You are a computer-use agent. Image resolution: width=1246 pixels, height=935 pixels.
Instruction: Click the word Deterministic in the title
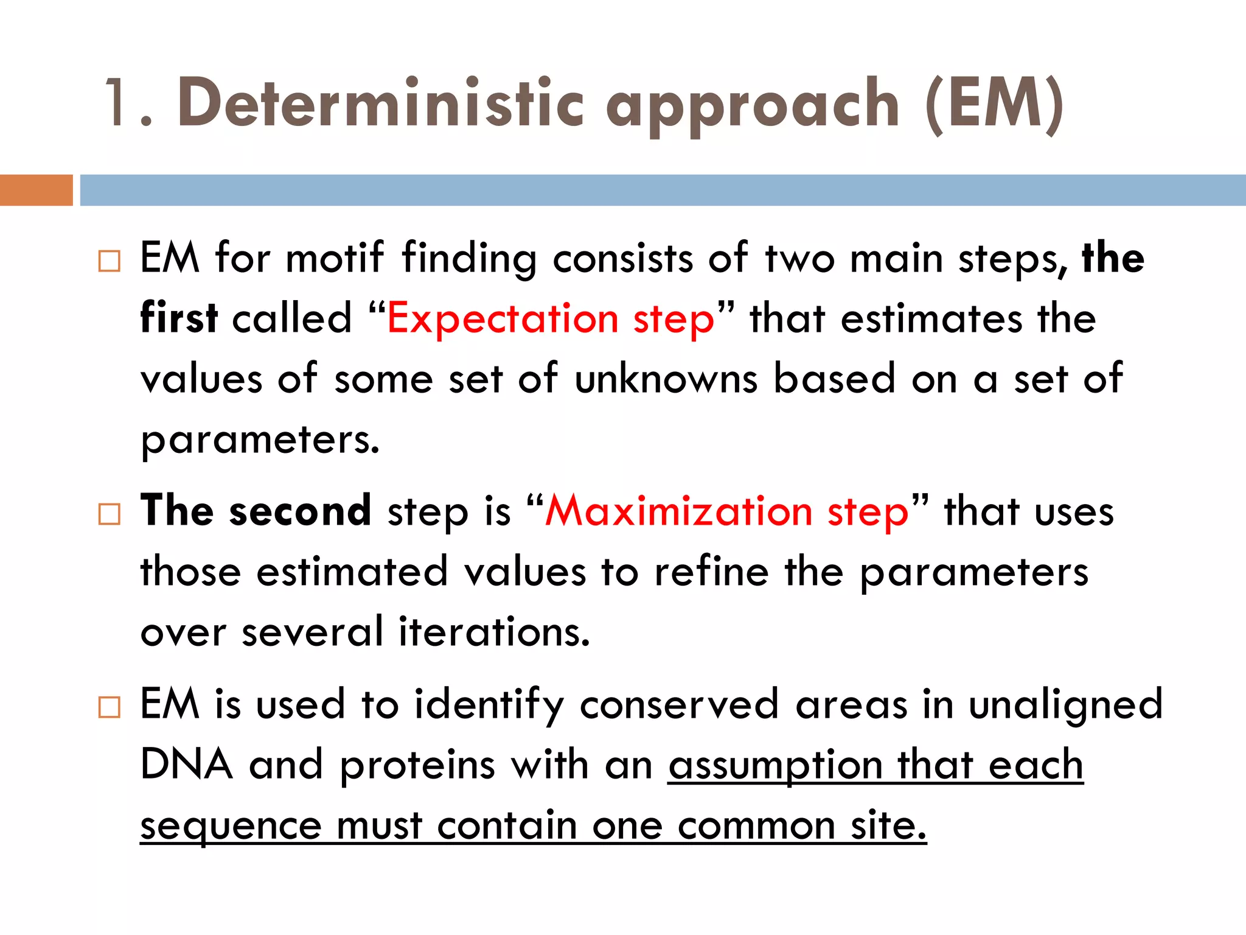click(x=381, y=103)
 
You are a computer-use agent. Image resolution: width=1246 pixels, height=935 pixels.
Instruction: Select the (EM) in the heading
click(x=994, y=105)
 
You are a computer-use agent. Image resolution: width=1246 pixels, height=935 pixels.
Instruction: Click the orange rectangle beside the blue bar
click(x=36, y=190)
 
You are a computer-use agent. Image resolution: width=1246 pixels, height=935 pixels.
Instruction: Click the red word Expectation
click(x=503, y=319)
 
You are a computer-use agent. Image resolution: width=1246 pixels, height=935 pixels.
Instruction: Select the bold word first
click(x=179, y=318)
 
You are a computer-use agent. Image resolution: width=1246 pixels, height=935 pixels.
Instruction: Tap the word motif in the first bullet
click(x=335, y=257)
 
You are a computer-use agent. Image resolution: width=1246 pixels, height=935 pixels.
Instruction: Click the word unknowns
click(x=666, y=379)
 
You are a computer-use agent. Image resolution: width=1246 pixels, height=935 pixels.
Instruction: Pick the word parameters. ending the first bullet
click(x=260, y=440)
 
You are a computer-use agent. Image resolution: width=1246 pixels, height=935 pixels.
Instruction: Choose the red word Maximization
click(x=678, y=511)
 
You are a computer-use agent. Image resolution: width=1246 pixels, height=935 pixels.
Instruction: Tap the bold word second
click(x=300, y=511)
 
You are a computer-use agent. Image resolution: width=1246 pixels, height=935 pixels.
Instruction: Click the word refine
click(x=711, y=572)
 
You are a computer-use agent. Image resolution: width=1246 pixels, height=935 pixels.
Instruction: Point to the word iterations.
click(x=494, y=632)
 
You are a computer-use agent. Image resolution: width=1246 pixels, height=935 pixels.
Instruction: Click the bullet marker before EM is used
click(x=109, y=707)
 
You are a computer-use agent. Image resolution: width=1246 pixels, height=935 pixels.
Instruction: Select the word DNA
click(x=186, y=765)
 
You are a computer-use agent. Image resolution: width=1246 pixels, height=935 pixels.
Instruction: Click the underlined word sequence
click(x=231, y=827)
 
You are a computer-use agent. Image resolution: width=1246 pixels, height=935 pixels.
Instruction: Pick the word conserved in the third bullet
click(x=679, y=704)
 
